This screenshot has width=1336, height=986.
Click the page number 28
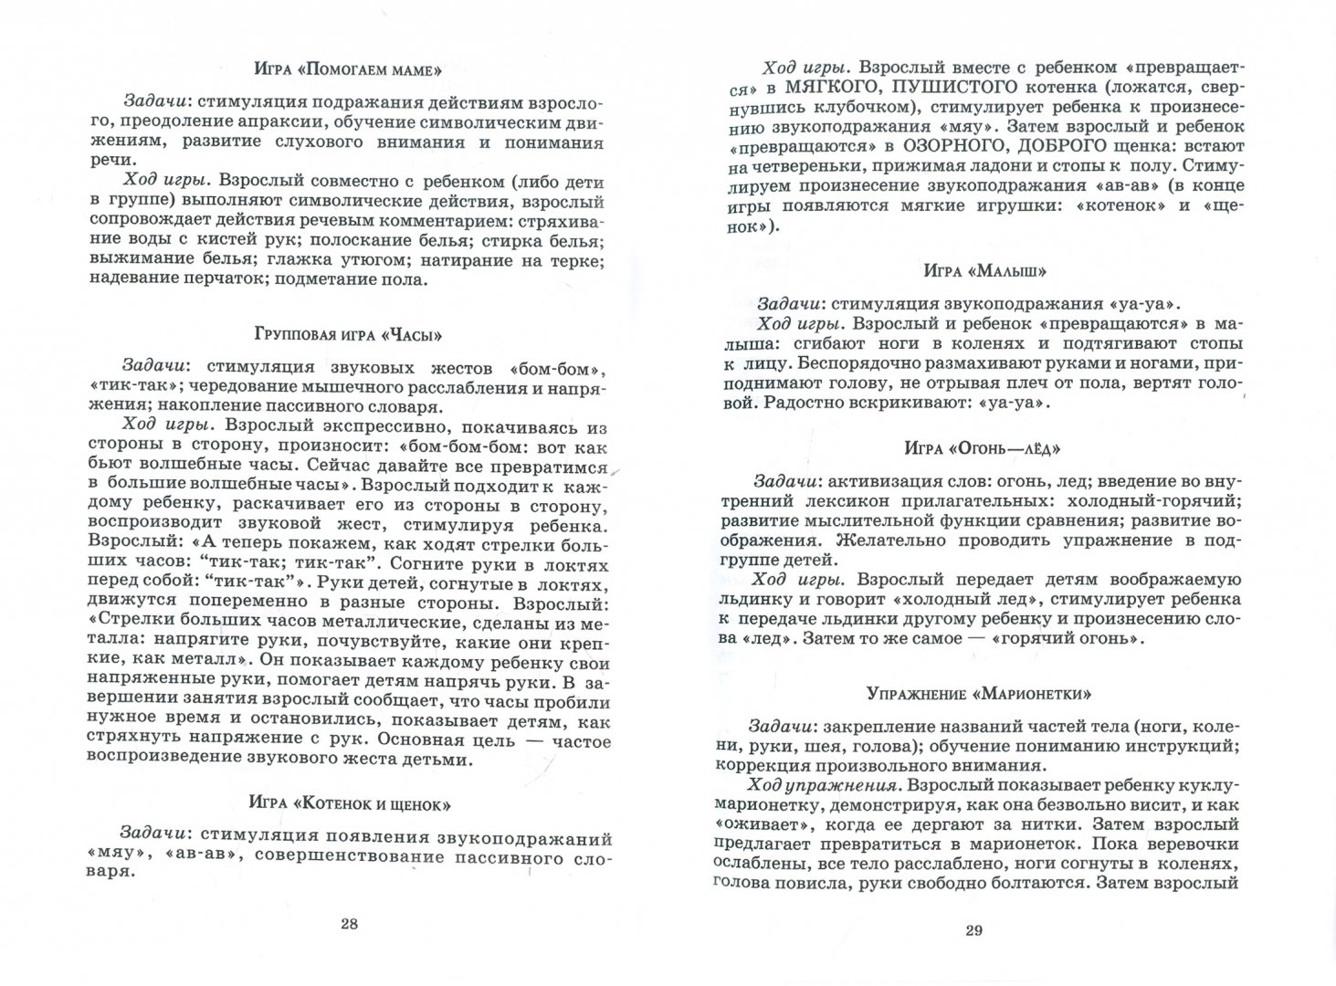349,922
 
